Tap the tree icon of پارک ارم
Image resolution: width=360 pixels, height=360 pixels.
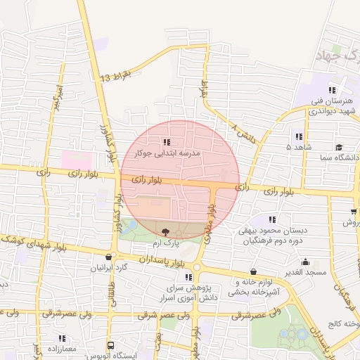tap(165, 231)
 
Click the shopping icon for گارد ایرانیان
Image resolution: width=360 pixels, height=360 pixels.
tap(108, 258)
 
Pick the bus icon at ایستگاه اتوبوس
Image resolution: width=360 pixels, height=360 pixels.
tap(110, 345)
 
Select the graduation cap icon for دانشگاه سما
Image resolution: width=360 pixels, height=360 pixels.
tap(339, 148)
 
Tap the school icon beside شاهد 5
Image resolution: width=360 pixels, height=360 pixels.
tap(299, 136)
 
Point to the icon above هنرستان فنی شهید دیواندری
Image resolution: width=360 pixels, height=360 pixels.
tap(332, 90)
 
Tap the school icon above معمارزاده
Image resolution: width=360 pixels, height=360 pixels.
tap(62, 338)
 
